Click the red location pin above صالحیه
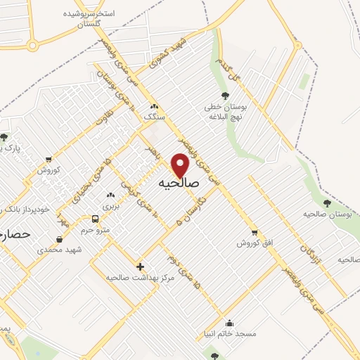click(x=181, y=165)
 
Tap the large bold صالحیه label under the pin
click(x=179, y=183)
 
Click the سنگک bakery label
click(x=153, y=117)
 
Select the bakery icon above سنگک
click(x=154, y=106)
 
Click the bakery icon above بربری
click(x=110, y=195)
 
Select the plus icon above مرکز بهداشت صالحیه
click(x=140, y=266)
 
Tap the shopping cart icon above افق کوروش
click(x=254, y=233)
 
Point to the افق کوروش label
click(x=253, y=243)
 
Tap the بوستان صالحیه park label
click(x=326, y=213)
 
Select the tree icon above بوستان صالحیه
click(x=326, y=201)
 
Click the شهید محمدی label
click(x=60, y=250)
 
